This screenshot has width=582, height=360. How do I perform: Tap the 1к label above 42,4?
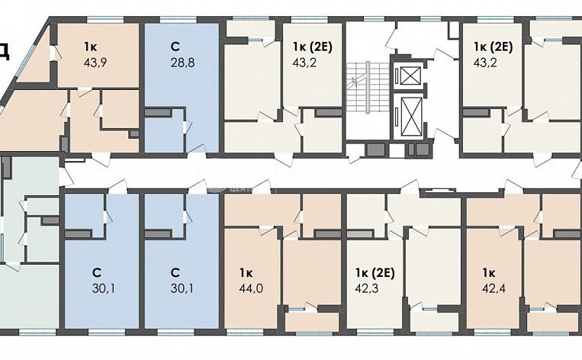pyautogui.click(x=488, y=272)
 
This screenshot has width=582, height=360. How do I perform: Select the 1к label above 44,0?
pyautogui.click(x=245, y=272)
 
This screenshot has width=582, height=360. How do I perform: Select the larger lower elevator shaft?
pyautogui.click(x=410, y=118)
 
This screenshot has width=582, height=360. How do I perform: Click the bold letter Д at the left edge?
pyautogui.click(x=5, y=51)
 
